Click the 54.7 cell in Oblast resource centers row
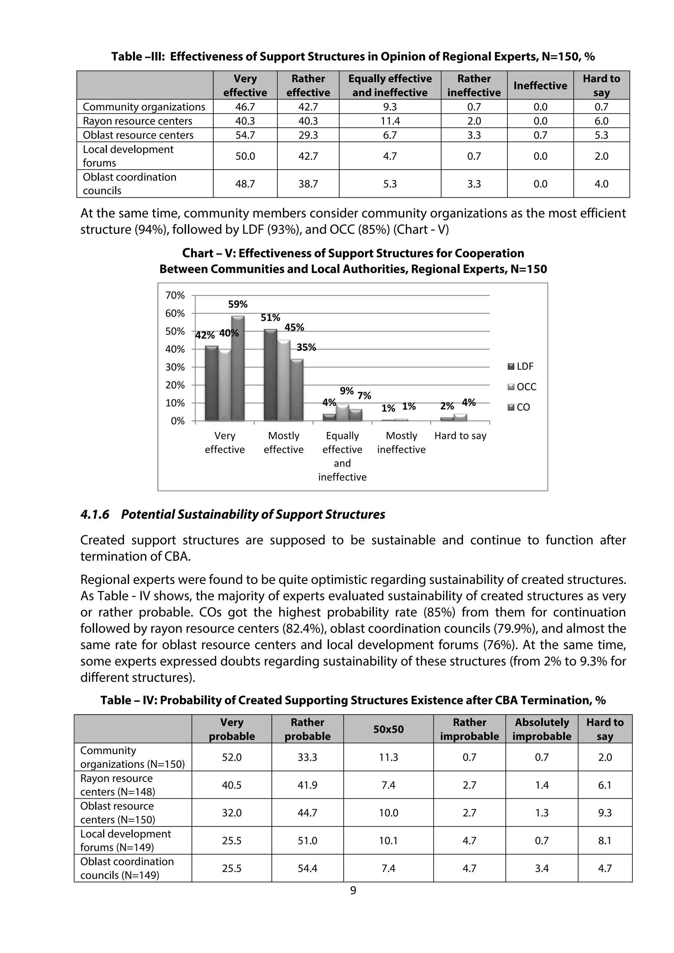245,135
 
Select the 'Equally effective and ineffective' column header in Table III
390,86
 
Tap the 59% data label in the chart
238,304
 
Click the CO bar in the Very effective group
238,369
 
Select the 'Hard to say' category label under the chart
460,436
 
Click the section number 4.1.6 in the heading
95,515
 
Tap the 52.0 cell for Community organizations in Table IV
231,758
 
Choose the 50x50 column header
388,729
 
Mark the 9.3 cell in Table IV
605,813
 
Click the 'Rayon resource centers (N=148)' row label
117,785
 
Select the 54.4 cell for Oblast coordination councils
307,868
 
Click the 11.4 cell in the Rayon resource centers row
390,121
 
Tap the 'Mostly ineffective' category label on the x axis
401,443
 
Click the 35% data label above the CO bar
306,347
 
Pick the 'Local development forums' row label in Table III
128,156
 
